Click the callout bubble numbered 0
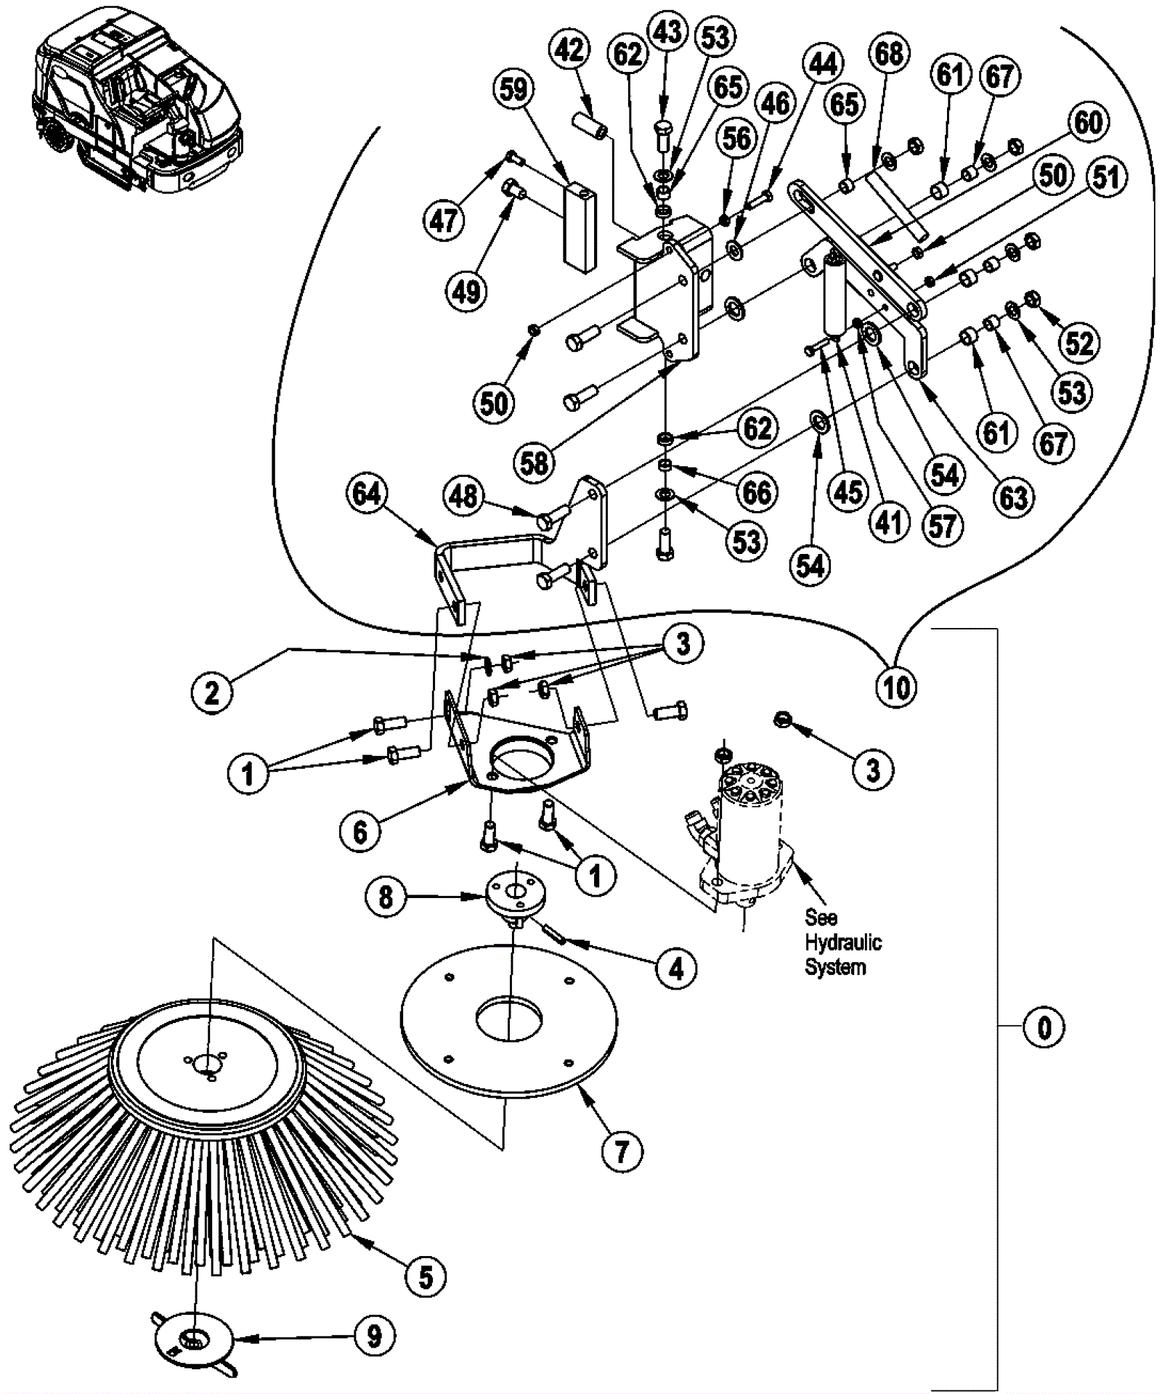click(1044, 1027)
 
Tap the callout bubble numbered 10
click(896, 686)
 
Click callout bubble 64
click(366, 495)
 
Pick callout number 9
click(374, 1335)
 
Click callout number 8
click(386, 897)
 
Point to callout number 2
click(211, 693)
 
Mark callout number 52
click(1078, 342)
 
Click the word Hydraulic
click(842, 942)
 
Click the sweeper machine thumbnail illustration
click(138, 102)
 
